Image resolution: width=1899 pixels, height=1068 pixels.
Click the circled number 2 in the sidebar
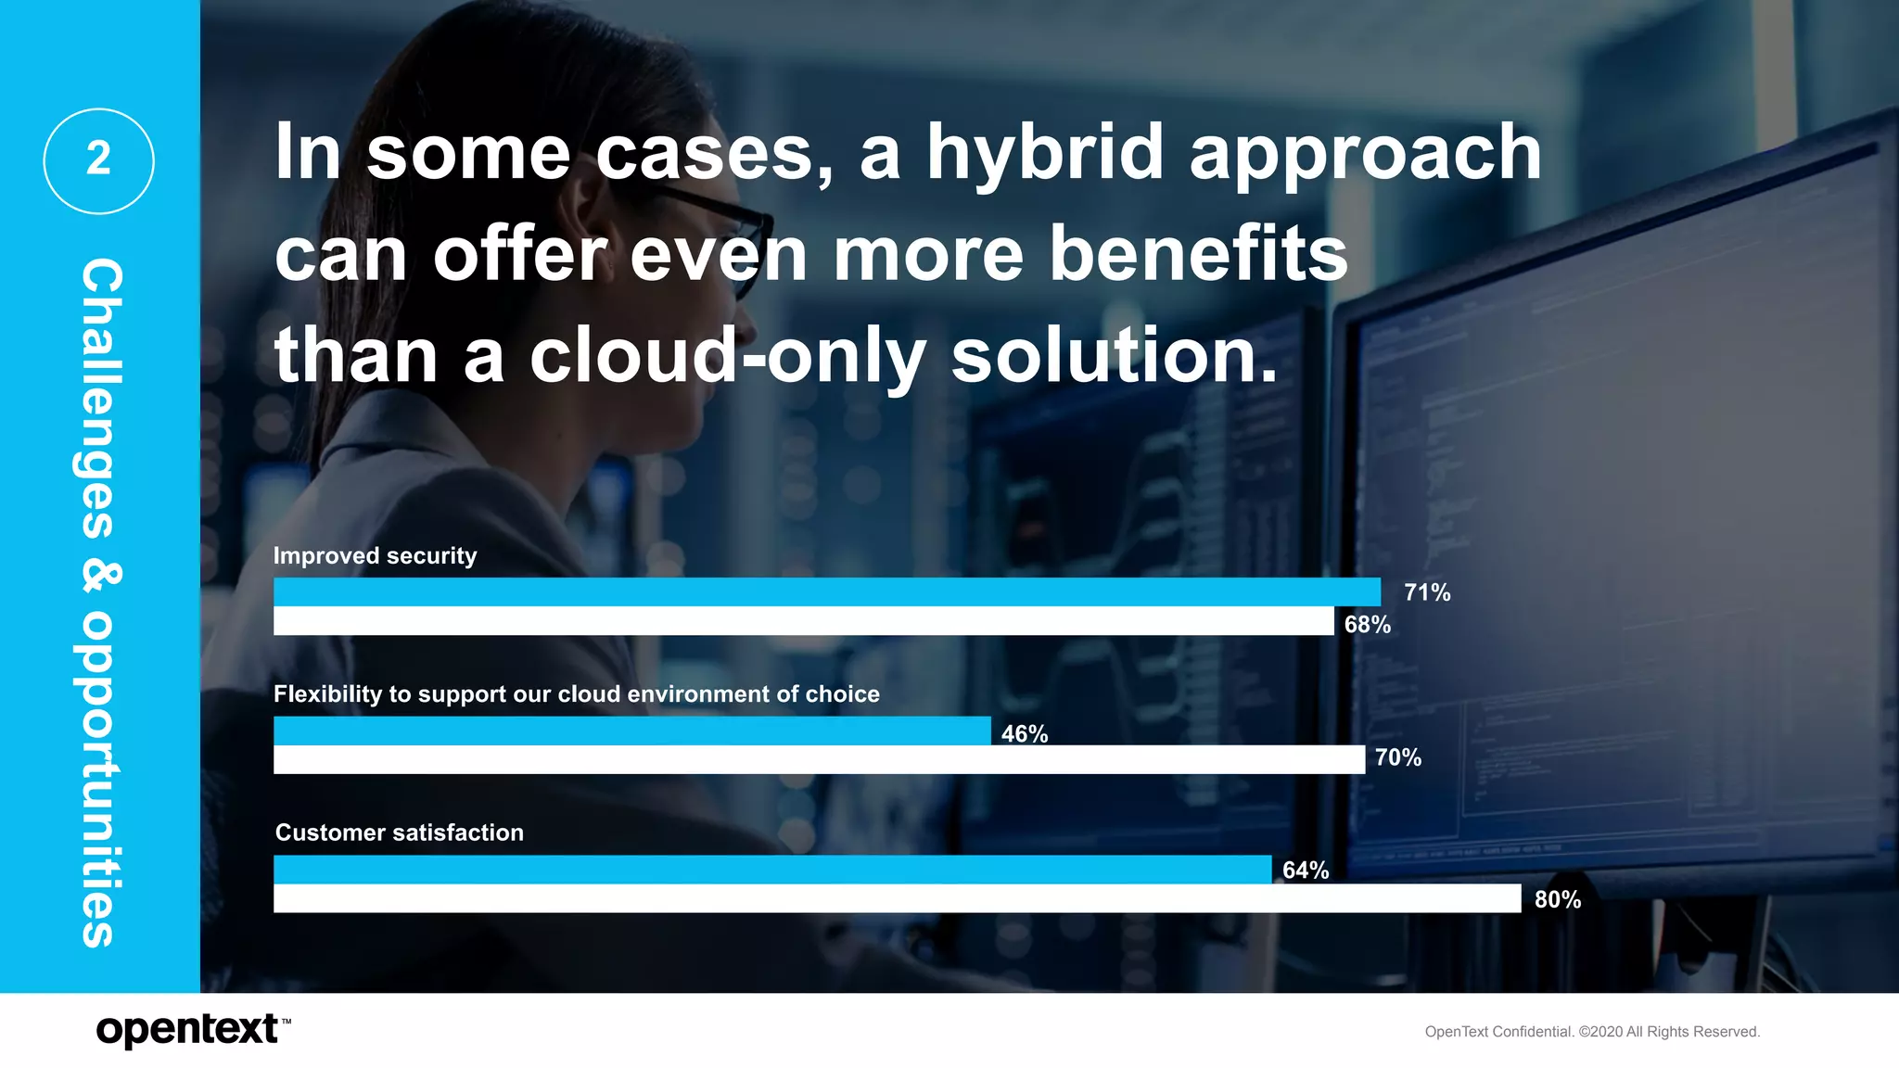(x=98, y=160)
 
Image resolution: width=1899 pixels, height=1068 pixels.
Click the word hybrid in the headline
(x=1044, y=153)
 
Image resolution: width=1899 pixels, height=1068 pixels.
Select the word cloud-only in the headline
(x=727, y=356)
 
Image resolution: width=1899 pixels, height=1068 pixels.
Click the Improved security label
(x=375, y=555)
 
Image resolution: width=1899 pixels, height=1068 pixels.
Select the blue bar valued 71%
(x=826, y=591)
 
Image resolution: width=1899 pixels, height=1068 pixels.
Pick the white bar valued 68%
(x=803, y=621)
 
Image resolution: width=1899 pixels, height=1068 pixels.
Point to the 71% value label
(x=1426, y=592)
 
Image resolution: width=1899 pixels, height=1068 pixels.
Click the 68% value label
(x=1367, y=625)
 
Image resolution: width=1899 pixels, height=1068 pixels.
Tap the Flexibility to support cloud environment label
(x=576, y=693)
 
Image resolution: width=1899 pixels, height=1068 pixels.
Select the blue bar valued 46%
(x=631, y=731)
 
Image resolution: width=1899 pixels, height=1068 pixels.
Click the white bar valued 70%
(x=818, y=759)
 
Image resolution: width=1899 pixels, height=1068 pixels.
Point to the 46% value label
(x=1024, y=734)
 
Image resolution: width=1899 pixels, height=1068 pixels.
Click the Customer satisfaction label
(x=399, y=833)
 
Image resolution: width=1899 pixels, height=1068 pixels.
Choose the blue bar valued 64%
(x=771, y=869)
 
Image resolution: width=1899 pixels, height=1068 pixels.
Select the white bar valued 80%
(x=897, y=898)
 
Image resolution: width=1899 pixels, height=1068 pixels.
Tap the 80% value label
(x=1557, y=899)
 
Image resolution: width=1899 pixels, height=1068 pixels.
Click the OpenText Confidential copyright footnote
(x=1591, y=1032)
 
